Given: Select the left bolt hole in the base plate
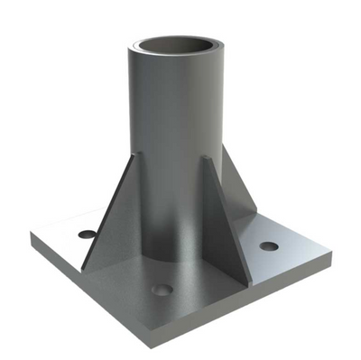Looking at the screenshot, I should (87, 234).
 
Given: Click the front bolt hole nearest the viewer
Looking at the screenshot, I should (162, 290).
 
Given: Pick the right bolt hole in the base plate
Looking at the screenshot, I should (268, 245).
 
